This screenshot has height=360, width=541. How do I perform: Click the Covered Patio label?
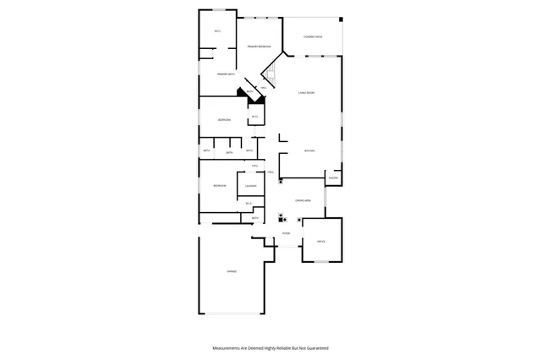tap(313, 37)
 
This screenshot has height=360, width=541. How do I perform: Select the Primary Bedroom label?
tap(259, 46)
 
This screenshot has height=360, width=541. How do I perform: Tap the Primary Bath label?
tap(225, 74)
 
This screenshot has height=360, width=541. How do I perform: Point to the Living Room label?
tap(306, 92)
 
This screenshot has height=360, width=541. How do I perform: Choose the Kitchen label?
tap(309, 151)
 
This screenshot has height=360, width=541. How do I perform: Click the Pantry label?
tap(333, 177)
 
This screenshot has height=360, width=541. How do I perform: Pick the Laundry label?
tap(250, 186)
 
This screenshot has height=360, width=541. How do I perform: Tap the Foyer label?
tap(287, 233)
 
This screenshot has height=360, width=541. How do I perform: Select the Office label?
tap(321, 242)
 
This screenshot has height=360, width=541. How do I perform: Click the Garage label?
tap(231, 271)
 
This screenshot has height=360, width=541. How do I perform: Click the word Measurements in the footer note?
tap(228, 347)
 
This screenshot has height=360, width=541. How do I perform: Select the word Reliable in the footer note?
tap(282, 347)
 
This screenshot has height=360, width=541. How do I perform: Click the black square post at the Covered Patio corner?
tap(341, 19)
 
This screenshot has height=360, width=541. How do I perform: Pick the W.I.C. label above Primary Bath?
tap(217, 31)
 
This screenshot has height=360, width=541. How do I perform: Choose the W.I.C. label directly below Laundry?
tap(249, 204)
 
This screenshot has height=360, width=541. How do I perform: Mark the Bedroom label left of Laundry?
tap(219, 186)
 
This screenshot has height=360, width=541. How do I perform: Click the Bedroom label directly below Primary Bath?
tap(224, 120)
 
